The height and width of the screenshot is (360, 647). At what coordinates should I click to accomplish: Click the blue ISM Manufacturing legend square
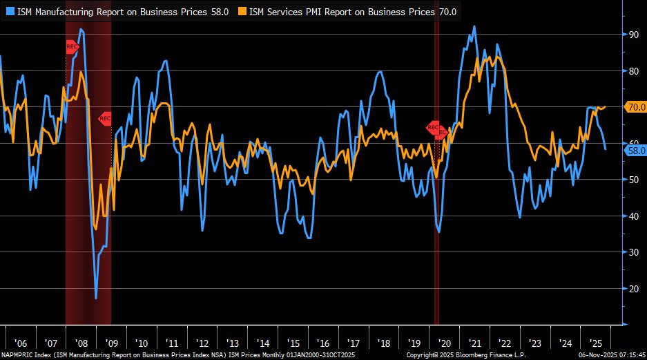(x=10, y=12)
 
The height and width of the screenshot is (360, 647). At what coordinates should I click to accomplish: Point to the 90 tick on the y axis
(x=632, y=34)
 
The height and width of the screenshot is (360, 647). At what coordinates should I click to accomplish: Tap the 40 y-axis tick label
(x=632, y=216)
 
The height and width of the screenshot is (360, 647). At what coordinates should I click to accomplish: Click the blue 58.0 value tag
(x=634, y=150)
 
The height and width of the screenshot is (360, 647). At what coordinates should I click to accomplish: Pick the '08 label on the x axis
(x=81, y=343)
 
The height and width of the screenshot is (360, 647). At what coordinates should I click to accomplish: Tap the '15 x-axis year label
(x=293, y=343)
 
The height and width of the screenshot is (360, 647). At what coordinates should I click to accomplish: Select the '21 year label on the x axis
(x=475, y=343)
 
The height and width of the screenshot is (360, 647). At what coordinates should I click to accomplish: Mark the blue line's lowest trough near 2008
(x=96, y=298)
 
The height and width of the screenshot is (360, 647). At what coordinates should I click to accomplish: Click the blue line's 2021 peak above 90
(x=474, y=27)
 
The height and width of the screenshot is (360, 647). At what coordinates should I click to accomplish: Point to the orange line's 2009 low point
(x=95, y=228)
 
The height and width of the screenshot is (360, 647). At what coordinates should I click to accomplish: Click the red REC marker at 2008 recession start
(x=73, y=47)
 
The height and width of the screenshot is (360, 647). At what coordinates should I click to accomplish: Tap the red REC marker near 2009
(x=105, y=118)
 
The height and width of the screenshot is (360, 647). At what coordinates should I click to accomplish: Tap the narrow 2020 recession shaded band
(x=436, y=207)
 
